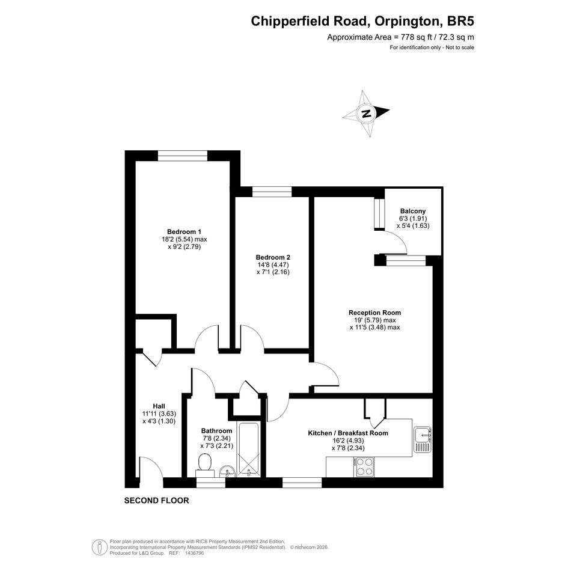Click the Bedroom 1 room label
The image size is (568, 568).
coord(184,232)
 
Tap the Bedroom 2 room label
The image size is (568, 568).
coord(273,257)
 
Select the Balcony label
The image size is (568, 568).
coord(413,211)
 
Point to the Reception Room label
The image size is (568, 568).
coord(374,313)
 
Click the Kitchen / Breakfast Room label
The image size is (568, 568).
coord(348,433)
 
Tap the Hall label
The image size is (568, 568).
coord(159,406)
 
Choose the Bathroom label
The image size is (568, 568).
coord(216,431)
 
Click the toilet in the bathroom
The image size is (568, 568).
coord(205,466)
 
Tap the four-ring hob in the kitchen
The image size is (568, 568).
coord(364,467)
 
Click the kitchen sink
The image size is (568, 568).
coord(423,439)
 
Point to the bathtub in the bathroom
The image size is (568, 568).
coord(248,450)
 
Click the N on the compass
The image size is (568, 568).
coord(366,114)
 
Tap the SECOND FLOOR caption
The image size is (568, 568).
coord(156,501)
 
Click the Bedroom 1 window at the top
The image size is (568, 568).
coord(183,156)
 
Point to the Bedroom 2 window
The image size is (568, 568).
coord(272,192)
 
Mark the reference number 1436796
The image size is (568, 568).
coord(195,553)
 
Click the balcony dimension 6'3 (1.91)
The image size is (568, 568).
coord(413,218)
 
